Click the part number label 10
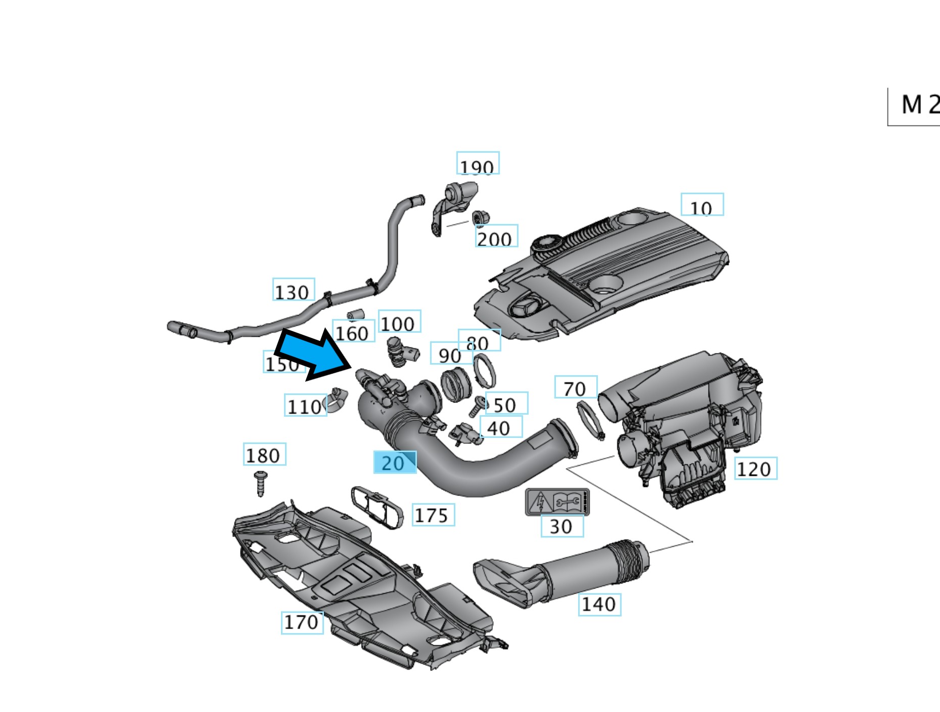(702, 205)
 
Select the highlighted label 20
(395, 462)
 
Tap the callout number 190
(478, 163)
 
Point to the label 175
(433, 515)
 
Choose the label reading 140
(599, 604)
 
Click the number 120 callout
(755, 469)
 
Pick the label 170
(302, 622)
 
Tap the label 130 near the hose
(293, 290)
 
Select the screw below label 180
(261, 483)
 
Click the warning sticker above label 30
(557, 502)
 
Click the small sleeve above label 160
(356, 315)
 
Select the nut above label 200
(481, 218)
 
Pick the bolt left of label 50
(477, 406)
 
